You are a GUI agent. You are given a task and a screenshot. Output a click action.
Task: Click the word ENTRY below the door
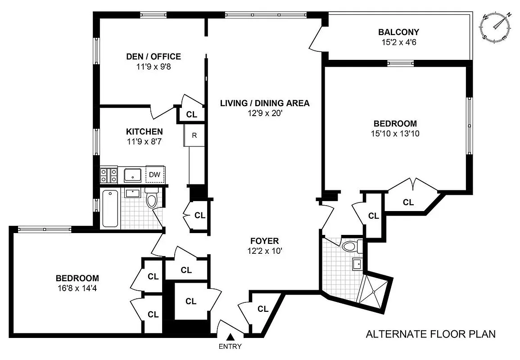(x=230, y=346)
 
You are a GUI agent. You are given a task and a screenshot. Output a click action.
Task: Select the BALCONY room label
(x=398, y=32)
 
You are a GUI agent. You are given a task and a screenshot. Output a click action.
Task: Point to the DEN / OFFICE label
(x=153, y=57)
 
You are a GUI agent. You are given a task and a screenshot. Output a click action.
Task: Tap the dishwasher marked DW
(x=155, y=175)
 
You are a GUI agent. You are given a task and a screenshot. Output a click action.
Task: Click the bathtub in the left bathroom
(x=110, y=208)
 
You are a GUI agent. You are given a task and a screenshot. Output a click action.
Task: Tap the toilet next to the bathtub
(x=151, y=200)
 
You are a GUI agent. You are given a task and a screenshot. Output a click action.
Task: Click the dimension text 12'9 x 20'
(x=264, y=113)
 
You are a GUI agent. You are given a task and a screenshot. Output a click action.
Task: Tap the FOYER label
(x=265, y=241)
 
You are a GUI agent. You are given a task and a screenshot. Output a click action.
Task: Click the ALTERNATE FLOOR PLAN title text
(x=430, y=334)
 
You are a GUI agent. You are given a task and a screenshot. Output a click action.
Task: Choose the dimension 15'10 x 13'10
(x=395, y=134)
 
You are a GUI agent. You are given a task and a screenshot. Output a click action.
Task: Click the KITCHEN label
(x=144, y=132)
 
